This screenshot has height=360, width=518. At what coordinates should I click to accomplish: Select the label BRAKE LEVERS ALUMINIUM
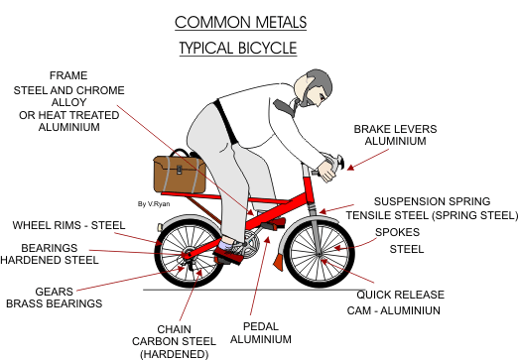pos(395,136)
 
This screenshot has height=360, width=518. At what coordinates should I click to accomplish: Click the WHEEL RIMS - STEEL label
pos(68,225)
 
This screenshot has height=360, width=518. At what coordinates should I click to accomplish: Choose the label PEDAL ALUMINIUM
pos(259,332)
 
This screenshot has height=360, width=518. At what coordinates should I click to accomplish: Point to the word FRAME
pos(68,74)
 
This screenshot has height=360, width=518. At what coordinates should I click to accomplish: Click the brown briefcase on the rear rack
pos(179,174)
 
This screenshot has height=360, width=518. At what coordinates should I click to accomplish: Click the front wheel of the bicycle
pos(319,256)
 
